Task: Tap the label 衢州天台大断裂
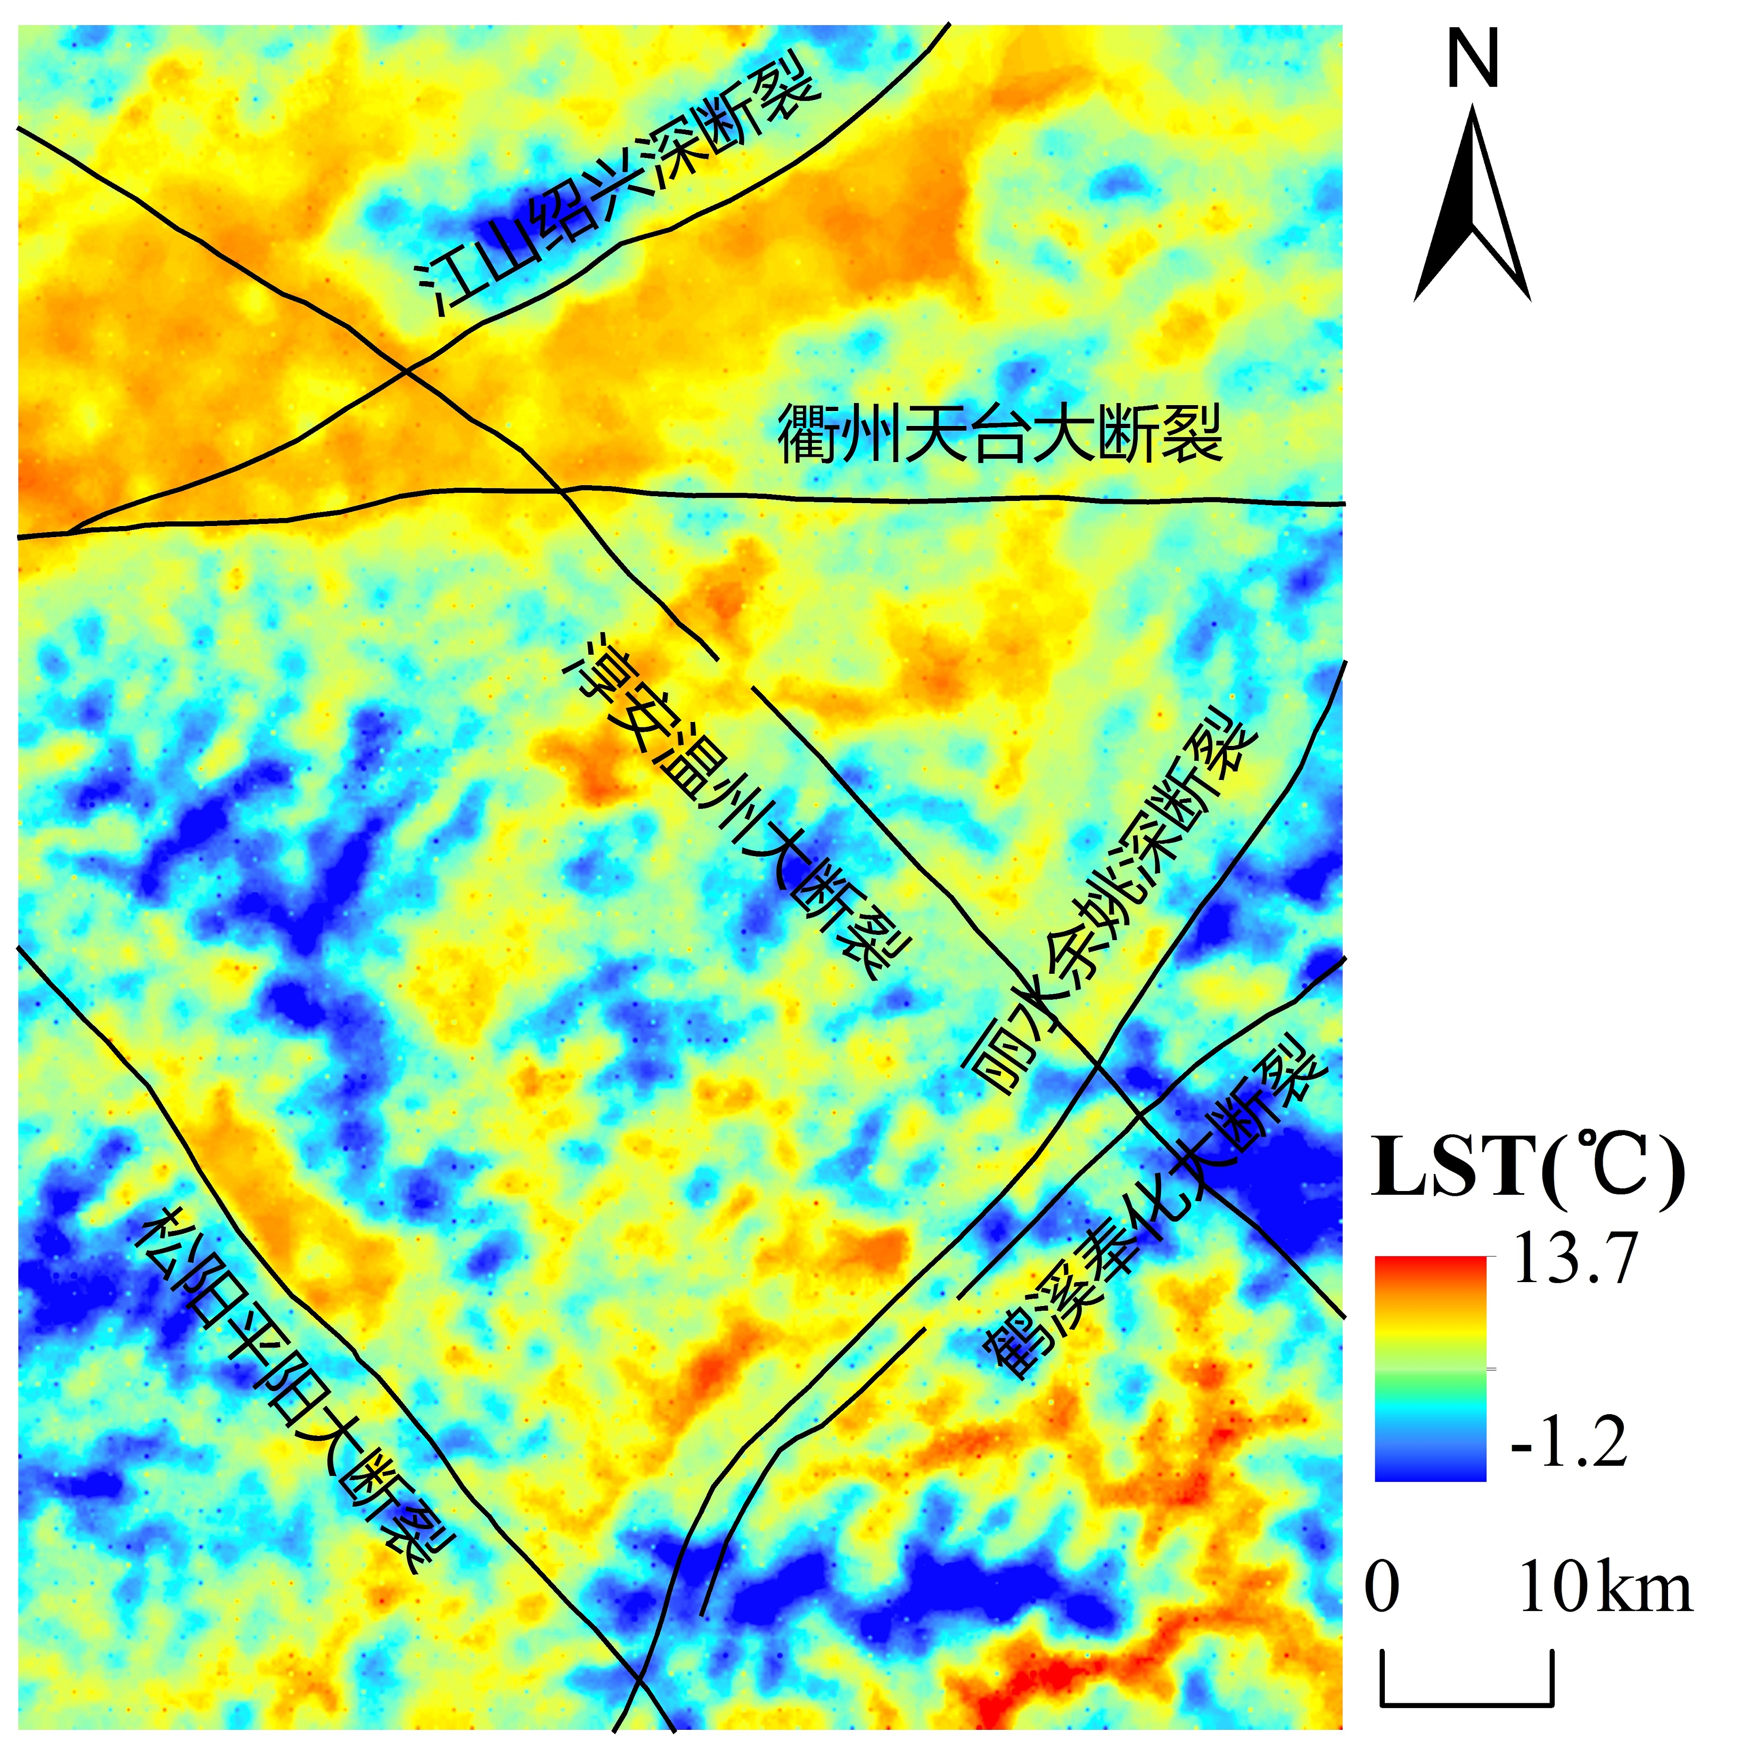click(1000, 434)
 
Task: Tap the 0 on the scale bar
click(1382, 1587)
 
